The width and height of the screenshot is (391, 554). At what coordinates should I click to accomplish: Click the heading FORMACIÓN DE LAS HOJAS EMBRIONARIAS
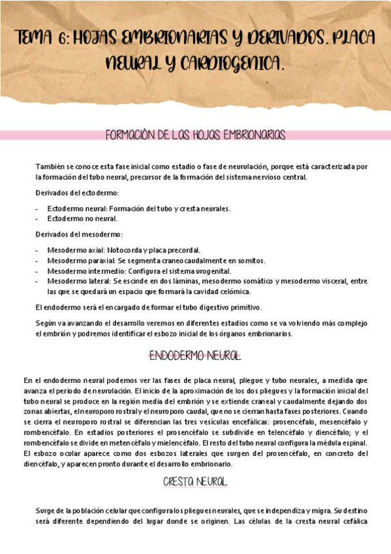(195, 135)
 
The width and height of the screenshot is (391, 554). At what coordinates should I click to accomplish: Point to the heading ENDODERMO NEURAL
(195, 357)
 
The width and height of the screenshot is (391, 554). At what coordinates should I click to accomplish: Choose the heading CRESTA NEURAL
(195, 481)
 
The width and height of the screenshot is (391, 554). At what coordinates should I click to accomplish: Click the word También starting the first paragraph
(50, 167)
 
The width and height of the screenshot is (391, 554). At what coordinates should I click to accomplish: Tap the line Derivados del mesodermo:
(78, 234)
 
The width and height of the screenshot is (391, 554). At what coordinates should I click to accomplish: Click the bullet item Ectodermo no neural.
(82, 218)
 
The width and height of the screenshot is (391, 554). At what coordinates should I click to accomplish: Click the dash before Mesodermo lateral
(37, 281)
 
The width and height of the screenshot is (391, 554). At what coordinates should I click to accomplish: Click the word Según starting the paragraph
(46, 323)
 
